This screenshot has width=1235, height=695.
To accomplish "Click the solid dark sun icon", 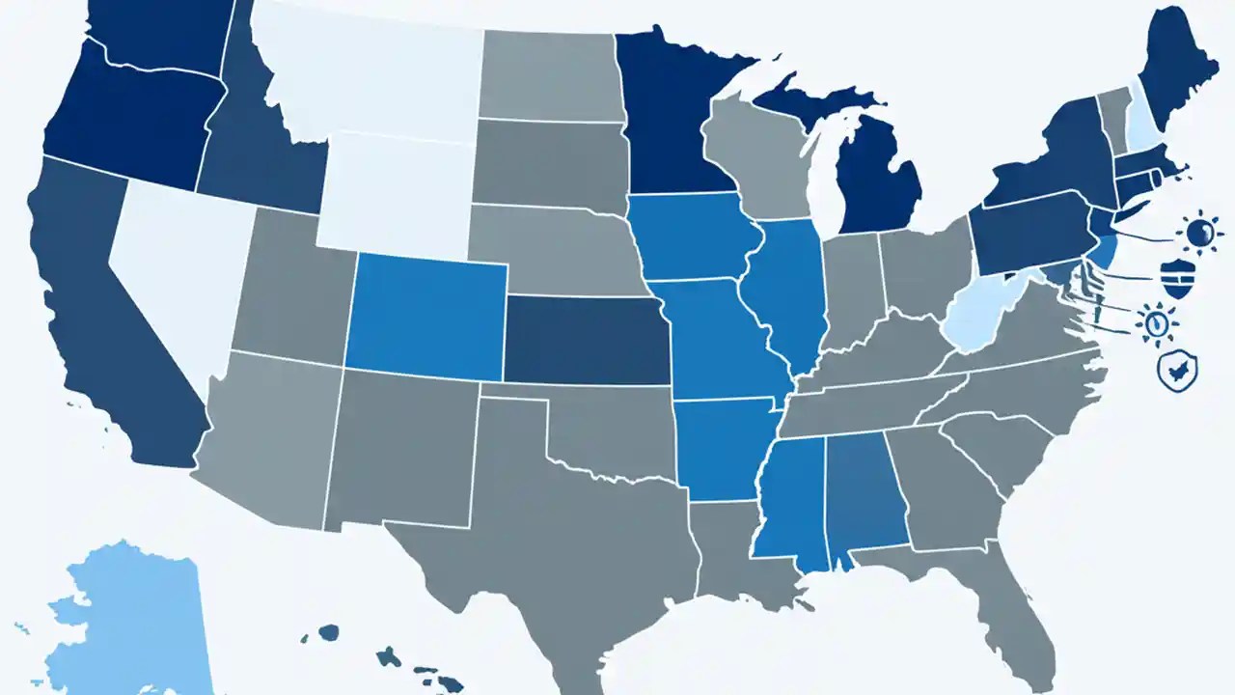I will [1200, 233].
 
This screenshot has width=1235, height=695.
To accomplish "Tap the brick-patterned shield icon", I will [1173, 278].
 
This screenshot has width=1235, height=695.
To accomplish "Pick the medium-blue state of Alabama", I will [866, 492].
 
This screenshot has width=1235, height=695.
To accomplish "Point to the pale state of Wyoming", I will [396, 193].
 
